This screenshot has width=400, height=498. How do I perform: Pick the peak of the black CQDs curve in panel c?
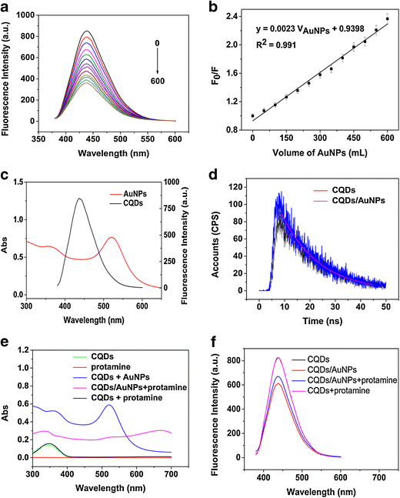[101, 199]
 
